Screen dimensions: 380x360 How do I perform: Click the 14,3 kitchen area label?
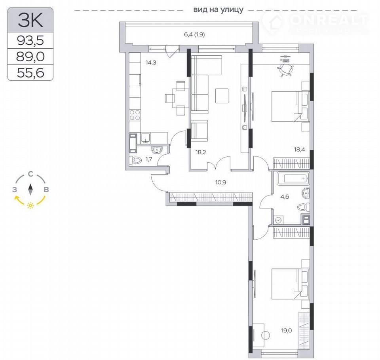(x=151, y=63)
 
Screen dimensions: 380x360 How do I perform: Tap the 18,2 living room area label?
(x=201, y=152)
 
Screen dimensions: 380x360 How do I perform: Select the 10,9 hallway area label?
(x=220, y=182)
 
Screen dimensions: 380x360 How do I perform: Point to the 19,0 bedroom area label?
(x=287, y=330)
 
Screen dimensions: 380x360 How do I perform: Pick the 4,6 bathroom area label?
(x=285, y=197)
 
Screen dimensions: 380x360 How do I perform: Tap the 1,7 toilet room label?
(x=149, y=159)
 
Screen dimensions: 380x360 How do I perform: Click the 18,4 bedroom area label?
(x=299, y=150)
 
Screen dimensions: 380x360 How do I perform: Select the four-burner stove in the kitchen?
(x=135, y=115)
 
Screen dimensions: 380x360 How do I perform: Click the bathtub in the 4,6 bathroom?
(x=293, y=178)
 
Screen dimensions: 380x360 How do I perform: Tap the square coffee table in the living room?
(x=222, y=96)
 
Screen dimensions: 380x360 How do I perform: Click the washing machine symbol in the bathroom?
(x=278, y=220)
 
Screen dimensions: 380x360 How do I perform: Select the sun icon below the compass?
(x=30, y=205)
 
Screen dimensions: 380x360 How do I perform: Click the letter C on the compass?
(x=30, y=174)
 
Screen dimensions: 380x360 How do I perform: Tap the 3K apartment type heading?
(x=30, y=20)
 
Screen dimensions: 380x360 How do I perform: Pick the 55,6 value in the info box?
(x=30, y=72)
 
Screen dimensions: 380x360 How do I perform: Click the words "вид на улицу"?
(x=218, y=9)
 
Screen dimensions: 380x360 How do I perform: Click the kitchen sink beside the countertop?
(x=145, y=138)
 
